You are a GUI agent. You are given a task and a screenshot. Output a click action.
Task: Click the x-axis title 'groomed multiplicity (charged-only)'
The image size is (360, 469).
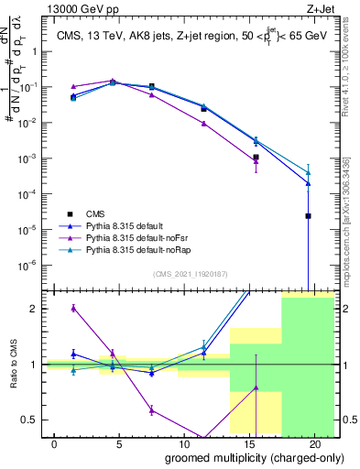tap(242, 456)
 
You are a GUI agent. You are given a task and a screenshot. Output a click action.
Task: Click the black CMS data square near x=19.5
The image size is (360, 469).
tap(309, 216)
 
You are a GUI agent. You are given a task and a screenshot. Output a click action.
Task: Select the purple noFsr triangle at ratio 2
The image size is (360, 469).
tap(73, 308)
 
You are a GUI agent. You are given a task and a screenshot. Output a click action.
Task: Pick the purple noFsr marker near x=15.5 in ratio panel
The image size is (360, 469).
tap(256, 387)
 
